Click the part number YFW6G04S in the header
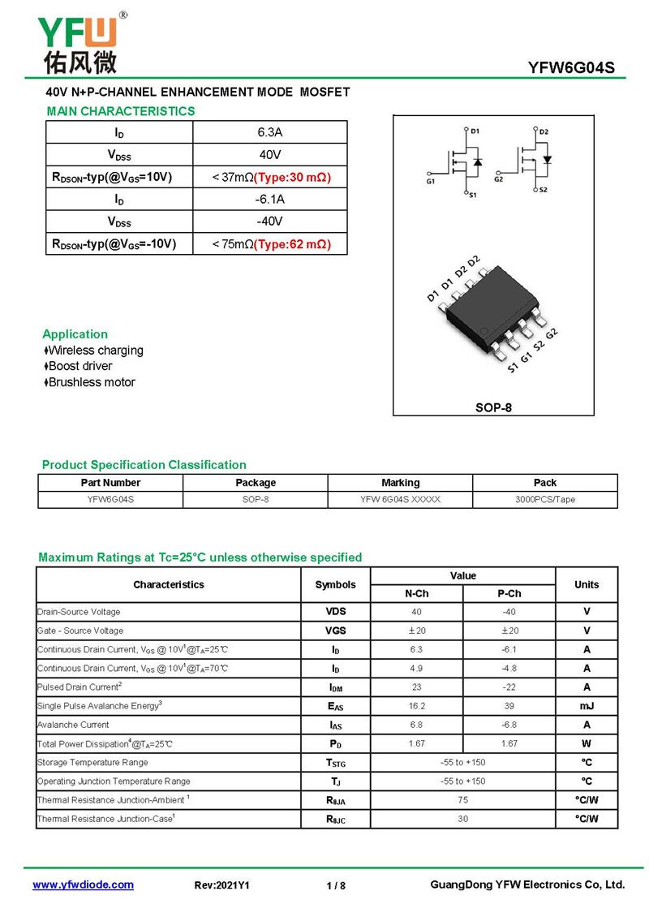click(571, 68)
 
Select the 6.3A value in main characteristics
click(269, 131)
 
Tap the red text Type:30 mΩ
click(292, 177)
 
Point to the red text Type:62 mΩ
click(292, 243)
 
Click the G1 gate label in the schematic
click(430, 181)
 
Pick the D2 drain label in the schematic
click(544, 131)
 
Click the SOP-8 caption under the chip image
click(493, 407)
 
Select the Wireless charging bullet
click(96, 351)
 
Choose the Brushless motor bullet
click(92, 382)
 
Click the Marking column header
click(400, 483)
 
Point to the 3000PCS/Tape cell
click(544, 500)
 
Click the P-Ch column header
click(509, 593)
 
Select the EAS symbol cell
click(335, 707)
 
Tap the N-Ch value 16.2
click(416, 706)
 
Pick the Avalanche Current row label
click(73, 725)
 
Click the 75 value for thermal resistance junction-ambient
click(462, 800)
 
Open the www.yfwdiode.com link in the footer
click(83, 885)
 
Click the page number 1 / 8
click(336, 885)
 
